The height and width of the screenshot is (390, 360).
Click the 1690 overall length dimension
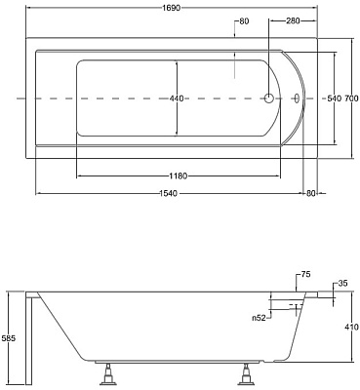pyautogui.click(x=171, y=8)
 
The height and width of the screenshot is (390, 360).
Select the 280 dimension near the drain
pyautogui.click(x=293, y=21)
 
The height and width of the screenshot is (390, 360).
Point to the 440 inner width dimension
pyautogui.click(x=177, y=98)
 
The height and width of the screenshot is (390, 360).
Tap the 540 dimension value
pyautogui.click(x=334, y=98)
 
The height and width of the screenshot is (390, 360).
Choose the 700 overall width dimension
pyautogui.click(x=351, y=98)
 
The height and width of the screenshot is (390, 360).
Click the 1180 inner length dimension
pyautogui.click(x=179, y=176)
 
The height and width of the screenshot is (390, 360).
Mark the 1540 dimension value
pyautogui.click(x=169, y=193)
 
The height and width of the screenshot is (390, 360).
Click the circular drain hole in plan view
pyautogui.click(x=268, y=97)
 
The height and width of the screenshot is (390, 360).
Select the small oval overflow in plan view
pyautogui.click(x=297, y=97)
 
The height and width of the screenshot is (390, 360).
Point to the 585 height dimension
pyautogui.click(x=9, y=338)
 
